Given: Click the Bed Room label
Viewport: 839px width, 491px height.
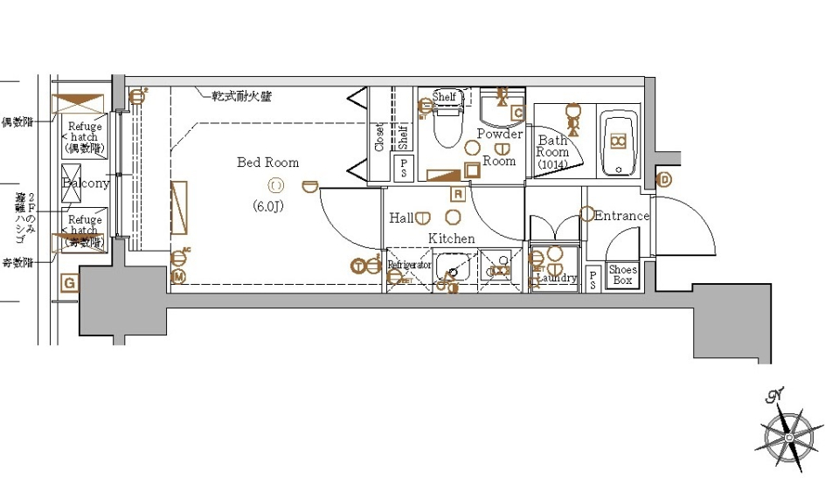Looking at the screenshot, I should (267, 163).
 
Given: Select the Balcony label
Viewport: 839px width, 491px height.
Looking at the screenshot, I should (86, 183).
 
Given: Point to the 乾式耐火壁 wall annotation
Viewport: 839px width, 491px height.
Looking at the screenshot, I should (241, 96).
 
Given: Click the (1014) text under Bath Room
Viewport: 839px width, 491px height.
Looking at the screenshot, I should (552, 164).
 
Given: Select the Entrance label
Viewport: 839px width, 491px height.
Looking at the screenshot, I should (621, 216).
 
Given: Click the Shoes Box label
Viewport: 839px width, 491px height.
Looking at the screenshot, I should (622, 275).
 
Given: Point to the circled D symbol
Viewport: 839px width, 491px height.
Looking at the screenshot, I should (664, 181).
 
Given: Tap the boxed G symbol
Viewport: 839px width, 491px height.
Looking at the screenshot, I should (70, 282).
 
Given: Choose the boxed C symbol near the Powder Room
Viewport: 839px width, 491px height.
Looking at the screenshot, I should (517, 113).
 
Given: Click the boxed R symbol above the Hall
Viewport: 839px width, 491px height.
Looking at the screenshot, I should (457, 194).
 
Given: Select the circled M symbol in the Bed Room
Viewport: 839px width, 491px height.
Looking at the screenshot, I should (178, 277).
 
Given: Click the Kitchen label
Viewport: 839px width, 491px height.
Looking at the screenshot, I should (451, 239).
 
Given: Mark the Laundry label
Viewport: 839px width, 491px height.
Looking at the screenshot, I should (556, 279).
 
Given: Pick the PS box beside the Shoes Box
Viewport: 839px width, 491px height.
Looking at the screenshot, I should (593, 280).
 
